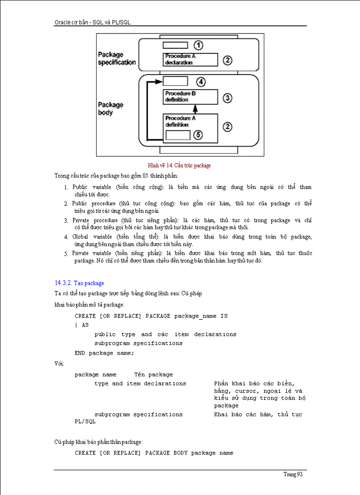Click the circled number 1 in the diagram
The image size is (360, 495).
point(199,45)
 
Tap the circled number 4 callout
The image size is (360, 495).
point(201,81)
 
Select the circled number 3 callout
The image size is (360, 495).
point(227,98)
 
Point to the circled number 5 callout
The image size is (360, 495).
point(199,135)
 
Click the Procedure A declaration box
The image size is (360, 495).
point(191,60)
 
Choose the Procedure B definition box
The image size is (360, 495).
point(191,97)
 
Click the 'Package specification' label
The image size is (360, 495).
point(116,59)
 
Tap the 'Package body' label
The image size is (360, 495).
point(111,108)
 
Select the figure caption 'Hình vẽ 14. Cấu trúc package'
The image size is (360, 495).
point(180,166)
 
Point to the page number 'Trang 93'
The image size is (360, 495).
point(293,474)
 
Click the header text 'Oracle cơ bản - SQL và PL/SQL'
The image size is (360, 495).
point(93,22)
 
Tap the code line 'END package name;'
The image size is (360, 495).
point(104,353)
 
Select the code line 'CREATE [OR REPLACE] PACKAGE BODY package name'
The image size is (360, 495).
point(154,453)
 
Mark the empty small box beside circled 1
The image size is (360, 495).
point(175,45)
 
